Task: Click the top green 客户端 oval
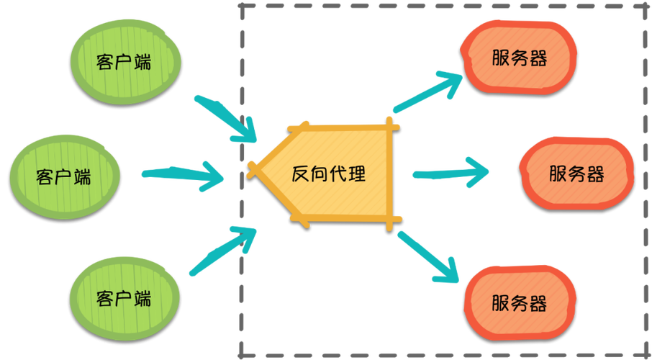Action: coord(123,61)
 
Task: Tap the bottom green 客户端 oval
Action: coord(123,298)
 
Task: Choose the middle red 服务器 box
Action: coord(576,174)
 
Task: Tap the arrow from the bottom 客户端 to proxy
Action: coord(223,248)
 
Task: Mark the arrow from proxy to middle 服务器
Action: coord(450,173)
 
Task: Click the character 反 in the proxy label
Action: coord(300,174)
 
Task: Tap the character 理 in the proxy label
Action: coord(356,174)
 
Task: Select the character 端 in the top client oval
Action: coord(142,62)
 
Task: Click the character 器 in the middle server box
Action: coord(594,174)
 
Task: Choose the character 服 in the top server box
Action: coord(502,58)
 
